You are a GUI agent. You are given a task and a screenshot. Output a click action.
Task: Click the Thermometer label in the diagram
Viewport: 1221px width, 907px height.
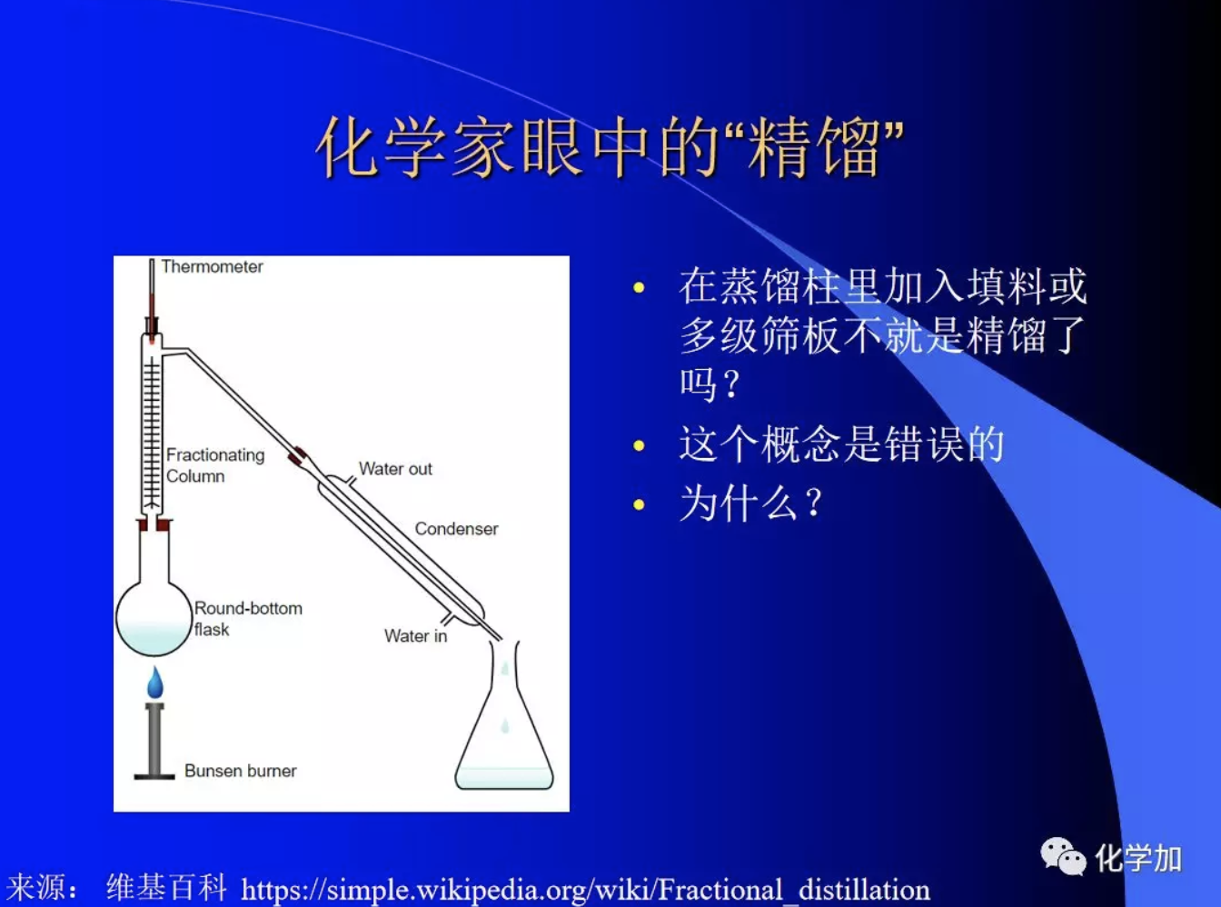[212, 266]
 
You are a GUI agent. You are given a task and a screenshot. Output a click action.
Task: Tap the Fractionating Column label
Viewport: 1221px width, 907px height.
[214, 465]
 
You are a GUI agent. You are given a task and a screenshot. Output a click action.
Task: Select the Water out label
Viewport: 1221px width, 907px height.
[395, 469]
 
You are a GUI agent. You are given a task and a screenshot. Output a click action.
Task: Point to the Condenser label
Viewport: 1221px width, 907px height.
[456, 529]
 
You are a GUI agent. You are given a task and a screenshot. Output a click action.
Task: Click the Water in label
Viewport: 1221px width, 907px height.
[415, 636]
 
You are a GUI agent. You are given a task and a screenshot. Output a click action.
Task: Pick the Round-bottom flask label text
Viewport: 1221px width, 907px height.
[247, 618]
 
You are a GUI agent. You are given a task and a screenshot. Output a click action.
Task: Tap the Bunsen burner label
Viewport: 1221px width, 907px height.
[240, 771]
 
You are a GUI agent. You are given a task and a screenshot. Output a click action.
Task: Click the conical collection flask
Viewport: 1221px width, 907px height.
[504, 736]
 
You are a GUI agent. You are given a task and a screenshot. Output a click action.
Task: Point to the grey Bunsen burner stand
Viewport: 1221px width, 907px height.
[154, 741]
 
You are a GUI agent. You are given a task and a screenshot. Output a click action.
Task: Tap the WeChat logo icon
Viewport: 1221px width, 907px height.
[1062, 856]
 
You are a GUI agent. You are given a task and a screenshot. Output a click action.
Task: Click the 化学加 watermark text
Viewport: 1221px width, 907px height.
[1138, 858]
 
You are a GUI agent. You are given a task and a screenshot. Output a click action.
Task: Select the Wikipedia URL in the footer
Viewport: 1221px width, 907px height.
[585, 889]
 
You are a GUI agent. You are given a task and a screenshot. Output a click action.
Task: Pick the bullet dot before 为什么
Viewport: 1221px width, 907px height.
[639, 504]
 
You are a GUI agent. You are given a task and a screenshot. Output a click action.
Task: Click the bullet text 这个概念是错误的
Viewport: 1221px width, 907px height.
[841, 444]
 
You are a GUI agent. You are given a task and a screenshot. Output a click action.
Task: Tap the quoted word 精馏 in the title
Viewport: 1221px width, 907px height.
[814, 148]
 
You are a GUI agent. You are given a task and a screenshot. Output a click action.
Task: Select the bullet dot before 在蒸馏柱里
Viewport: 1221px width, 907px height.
[639, 288]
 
